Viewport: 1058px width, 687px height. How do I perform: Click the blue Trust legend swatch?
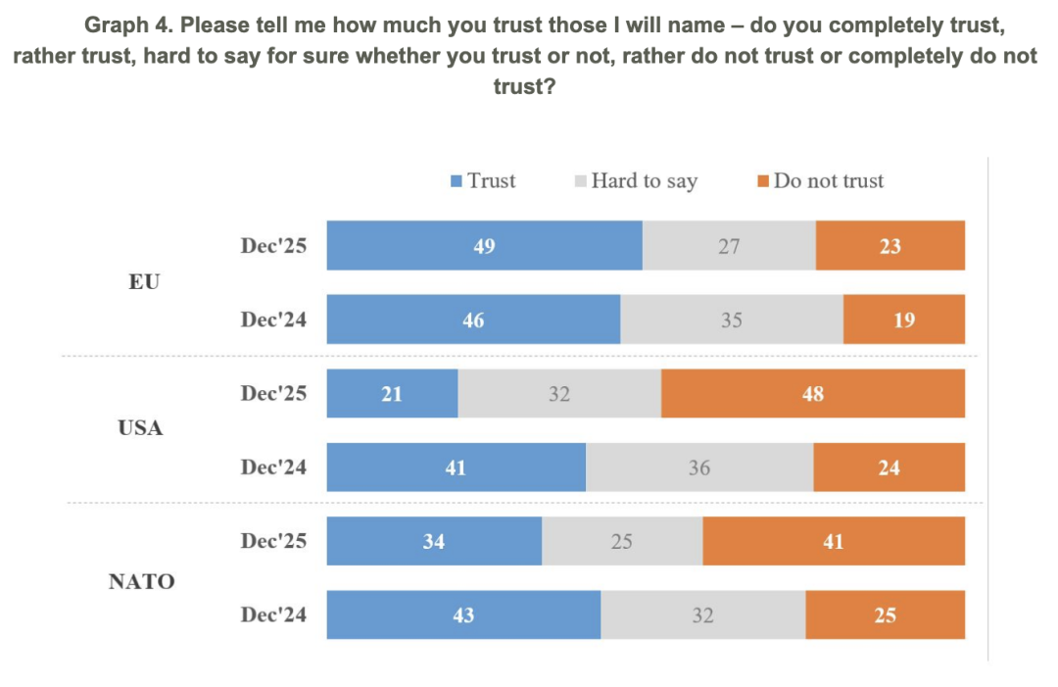[457, 181]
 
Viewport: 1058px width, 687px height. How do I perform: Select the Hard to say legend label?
[644, 181]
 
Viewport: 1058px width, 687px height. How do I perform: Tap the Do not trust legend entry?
[828, 181]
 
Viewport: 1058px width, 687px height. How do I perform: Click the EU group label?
[143, 282]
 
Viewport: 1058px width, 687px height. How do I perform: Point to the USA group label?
[140, 428]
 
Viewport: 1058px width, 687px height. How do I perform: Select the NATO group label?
[141, 581]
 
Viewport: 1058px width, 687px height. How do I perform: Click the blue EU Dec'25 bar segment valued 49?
[484, 245]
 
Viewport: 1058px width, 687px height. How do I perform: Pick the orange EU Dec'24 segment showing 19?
[903, 319]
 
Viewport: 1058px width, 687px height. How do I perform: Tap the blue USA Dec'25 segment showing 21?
[392, 394]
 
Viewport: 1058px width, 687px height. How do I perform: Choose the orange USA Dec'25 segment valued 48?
[812, 394]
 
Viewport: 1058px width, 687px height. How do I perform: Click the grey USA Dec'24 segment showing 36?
[698, 467]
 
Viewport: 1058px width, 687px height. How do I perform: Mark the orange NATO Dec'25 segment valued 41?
[833, 541]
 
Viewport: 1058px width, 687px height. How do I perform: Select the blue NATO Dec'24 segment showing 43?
[463, 615]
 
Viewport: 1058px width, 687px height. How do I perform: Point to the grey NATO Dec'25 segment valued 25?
[622, 541]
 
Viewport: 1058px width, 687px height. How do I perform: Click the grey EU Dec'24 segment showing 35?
[731, 319]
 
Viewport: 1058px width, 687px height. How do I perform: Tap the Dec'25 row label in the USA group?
[273, 394]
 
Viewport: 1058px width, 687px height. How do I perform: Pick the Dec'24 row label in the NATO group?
[273, 615]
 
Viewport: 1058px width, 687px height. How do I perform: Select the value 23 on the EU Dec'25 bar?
[890, 246]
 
